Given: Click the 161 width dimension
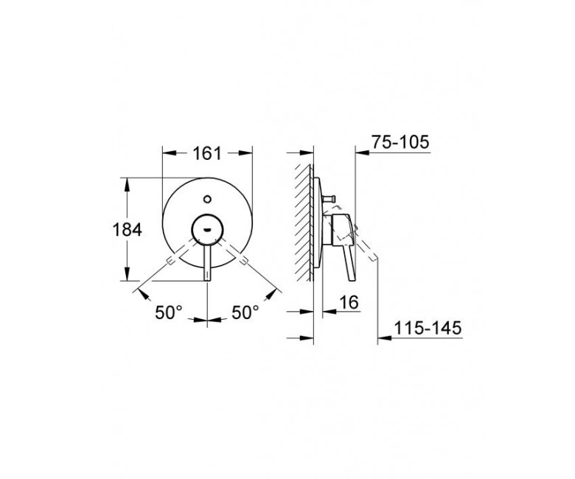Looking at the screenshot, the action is (x=207, y=153).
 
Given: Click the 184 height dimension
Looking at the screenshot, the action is (x=127, y=230).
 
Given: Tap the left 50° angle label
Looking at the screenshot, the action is (x=169, y=312).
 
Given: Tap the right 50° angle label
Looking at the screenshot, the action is (x=245, y=312).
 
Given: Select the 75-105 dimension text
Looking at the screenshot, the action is (x=400, y=141).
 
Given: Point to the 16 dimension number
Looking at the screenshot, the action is (x=349, y=302).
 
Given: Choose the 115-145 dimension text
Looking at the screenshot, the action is (x=428, y=328).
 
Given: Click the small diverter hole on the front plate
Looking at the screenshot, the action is (x=207, y=200).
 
